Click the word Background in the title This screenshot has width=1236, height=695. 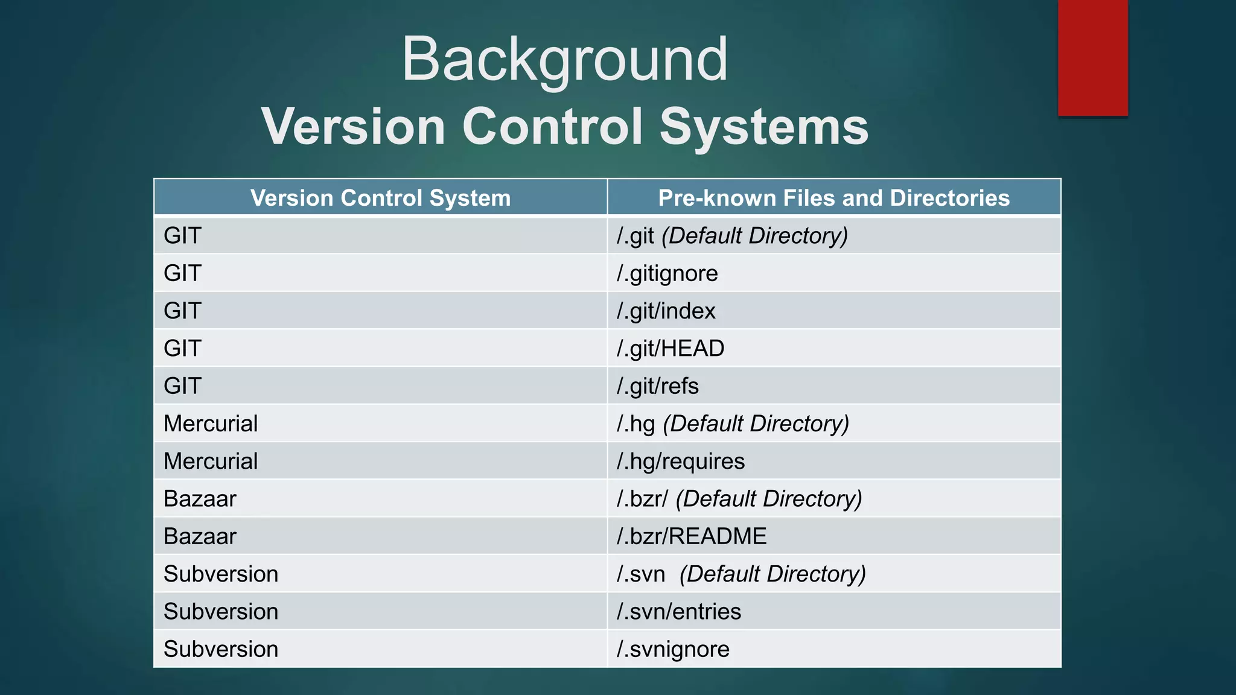point(565,59)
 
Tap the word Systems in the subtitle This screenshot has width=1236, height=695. point(763,127)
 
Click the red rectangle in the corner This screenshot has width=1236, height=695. point(1092,57)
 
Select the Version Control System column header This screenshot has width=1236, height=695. point(380,198)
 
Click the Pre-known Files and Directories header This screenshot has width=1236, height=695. point(833,198)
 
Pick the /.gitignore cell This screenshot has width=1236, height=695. point(667,273)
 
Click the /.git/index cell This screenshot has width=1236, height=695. point(666,311)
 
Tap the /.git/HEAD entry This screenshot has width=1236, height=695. point(671,349)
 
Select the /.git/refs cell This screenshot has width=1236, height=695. point(658,386)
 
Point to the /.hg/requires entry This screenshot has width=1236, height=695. point(681,462)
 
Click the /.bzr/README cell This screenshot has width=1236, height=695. point(692,536)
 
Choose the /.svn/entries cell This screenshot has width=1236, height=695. point(679,612)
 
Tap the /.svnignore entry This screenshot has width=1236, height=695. point(673,649)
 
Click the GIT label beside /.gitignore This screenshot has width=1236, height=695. point(182,273)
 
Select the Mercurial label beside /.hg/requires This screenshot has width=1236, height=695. point(211,462)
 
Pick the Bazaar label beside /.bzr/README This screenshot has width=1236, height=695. point(200,536)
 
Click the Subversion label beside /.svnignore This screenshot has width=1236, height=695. point(221,649)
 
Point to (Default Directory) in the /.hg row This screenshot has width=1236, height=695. point(756,424)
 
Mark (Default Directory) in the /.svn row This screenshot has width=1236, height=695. point(772,574)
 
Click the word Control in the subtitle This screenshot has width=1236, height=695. point(553,127)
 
